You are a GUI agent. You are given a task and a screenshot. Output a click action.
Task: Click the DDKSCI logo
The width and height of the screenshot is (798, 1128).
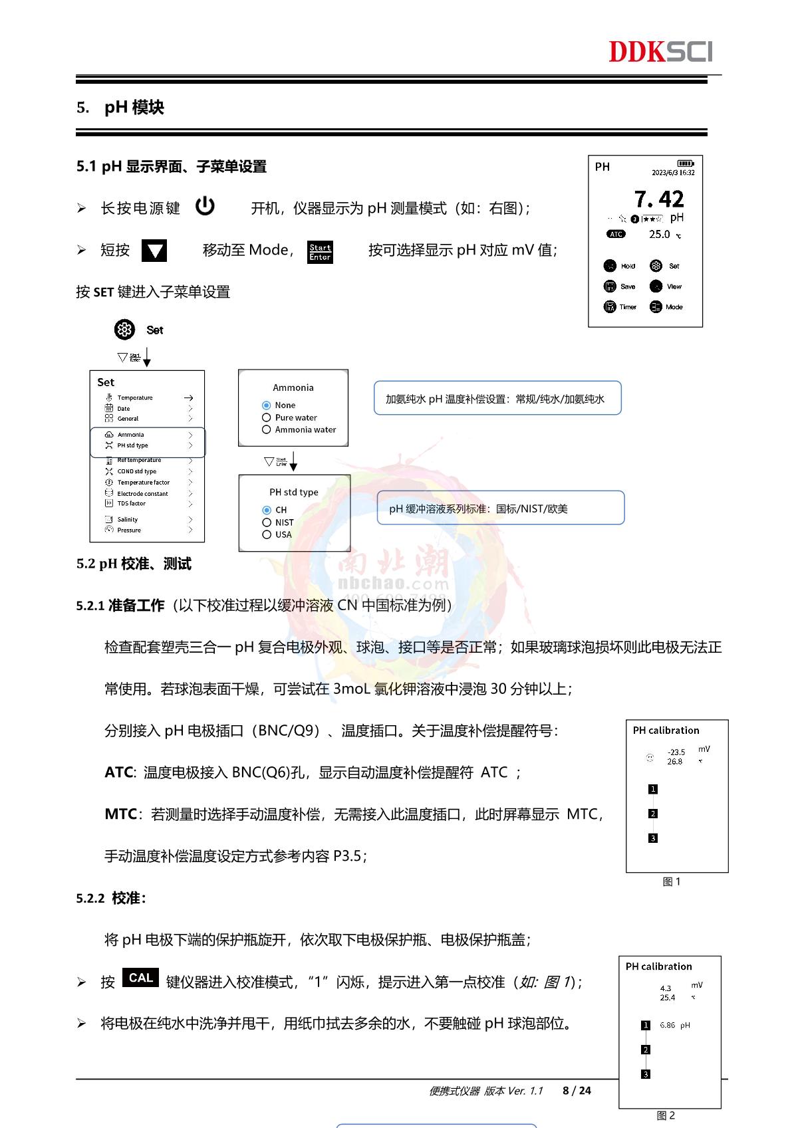coord(660,51)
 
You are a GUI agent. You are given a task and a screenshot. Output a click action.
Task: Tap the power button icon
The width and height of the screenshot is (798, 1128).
coord(205,206)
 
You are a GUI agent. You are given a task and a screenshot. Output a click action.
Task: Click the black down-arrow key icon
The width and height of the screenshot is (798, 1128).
coord(154,251)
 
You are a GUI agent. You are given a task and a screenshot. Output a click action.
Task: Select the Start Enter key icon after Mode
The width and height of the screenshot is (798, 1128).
coord(320,252)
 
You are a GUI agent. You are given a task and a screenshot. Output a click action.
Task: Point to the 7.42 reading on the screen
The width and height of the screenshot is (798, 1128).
coord(658,199)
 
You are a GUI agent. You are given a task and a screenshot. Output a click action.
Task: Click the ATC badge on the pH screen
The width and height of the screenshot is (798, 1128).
coord(616,234)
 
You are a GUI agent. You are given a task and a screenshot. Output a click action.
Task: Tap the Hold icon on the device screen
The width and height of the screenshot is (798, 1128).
coord(610,266)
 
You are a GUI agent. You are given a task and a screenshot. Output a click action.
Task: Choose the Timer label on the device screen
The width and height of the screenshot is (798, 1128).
coord(628,307)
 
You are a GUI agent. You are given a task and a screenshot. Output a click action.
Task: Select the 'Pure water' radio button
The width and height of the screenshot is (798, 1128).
coord(267,417)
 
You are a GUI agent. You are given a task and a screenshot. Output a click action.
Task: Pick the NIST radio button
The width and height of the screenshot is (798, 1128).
coord(267,522)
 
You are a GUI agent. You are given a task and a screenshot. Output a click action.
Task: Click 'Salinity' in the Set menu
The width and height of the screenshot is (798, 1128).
coord(128,520)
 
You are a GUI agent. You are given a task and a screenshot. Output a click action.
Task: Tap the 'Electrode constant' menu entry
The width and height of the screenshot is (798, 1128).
coord(142,494)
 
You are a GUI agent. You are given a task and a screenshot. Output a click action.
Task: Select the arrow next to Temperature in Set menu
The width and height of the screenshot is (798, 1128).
coord(189,397)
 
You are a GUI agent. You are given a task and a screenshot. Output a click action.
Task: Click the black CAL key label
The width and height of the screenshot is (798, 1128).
coord(140,978)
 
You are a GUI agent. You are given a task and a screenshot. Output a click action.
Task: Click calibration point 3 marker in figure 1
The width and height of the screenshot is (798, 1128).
coord(653,838)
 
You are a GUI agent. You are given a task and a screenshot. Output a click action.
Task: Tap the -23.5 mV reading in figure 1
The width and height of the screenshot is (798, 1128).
coord(676,752)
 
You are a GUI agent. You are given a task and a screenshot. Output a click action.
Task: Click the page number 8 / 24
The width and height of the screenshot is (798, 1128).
coord(577,1090)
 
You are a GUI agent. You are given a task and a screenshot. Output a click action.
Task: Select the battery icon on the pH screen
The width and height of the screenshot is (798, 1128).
coord(685,164)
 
